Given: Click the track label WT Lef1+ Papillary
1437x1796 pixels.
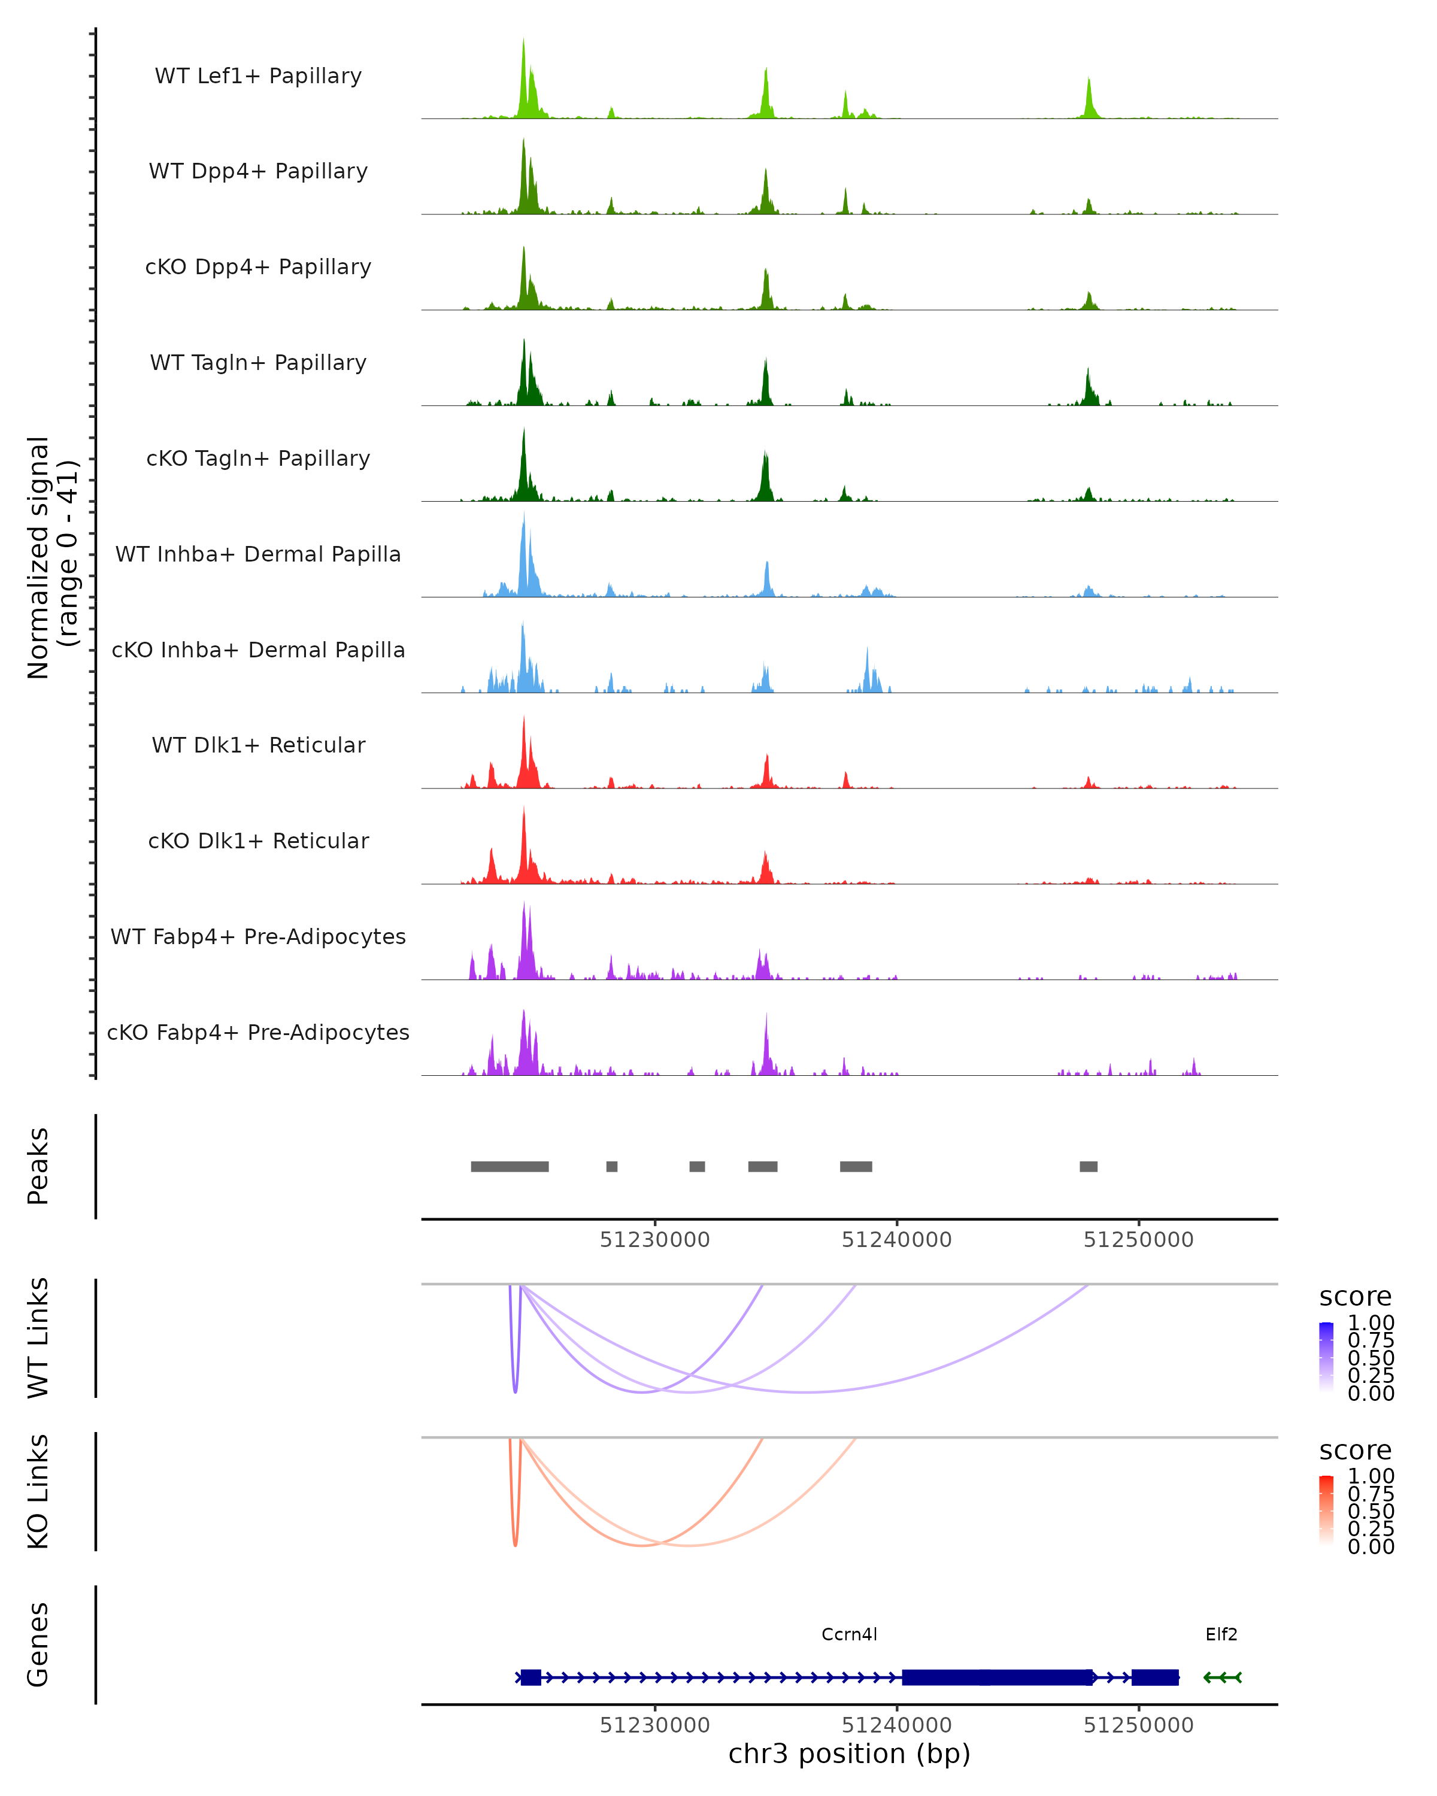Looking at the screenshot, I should tap(258, 76).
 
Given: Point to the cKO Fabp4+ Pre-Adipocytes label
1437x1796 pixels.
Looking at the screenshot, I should tap(258, 1032).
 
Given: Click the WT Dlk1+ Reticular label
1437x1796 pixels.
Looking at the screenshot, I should tap(258, 745).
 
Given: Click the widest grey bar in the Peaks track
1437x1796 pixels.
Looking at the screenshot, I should tap(510, 1166).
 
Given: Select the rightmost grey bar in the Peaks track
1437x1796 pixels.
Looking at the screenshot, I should tap(1088, 1166).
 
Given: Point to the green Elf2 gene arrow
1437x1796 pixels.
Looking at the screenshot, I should tap(1223, 1677).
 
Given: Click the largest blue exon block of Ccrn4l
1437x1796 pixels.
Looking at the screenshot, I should tap(997, 1677).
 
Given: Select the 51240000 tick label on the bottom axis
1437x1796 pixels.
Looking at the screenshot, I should tap(896, 1725).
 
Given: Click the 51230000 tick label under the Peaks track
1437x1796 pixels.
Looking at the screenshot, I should tap(655, 1240).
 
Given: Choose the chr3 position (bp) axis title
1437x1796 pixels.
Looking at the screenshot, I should tap(849, 1754).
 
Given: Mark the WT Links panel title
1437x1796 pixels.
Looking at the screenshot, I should tap(38, 1338).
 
